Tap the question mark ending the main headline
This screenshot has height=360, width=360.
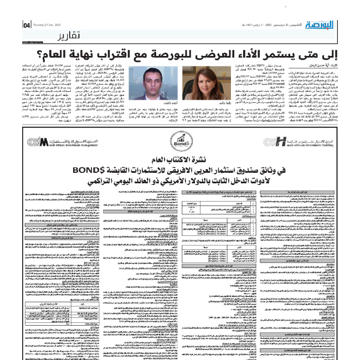click(x=34, y=56)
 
